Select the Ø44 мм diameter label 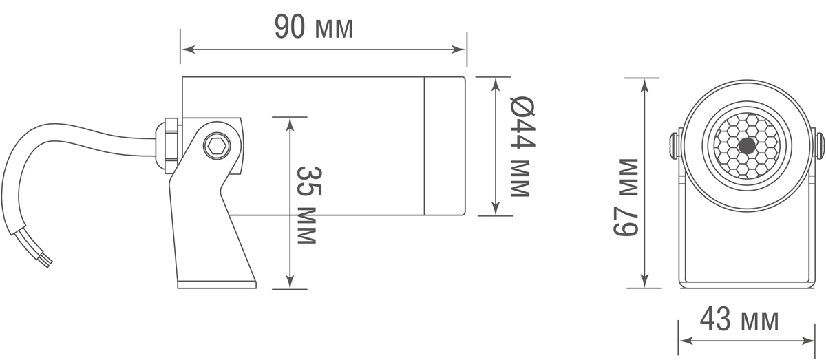coord(520,146)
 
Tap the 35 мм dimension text coord(307,204)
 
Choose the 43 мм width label coord(739,320)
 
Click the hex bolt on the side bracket coord(215,147)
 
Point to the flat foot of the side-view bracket coord(216,283)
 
